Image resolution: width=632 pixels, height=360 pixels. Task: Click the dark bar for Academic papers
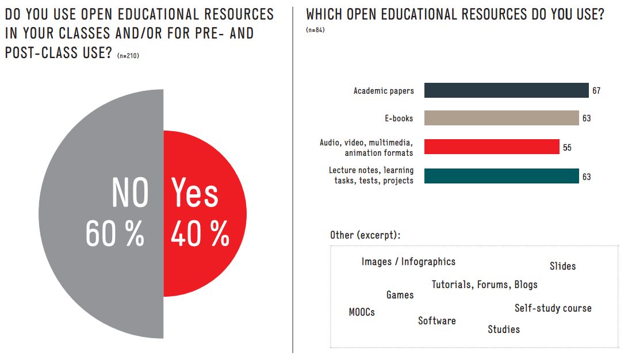tap(506, 90)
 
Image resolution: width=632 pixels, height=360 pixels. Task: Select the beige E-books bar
tap(501, 118)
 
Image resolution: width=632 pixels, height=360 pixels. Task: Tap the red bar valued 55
tap(492, 147)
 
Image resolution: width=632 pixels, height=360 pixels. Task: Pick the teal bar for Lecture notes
tap(501, 176)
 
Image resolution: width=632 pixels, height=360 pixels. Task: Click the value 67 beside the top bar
tap(596, 91)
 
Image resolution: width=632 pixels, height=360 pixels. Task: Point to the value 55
tap(567, 148)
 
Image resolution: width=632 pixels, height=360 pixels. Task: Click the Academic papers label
tap(384, 91)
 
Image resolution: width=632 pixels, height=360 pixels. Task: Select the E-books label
tap(399, 118)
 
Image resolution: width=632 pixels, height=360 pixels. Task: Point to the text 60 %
tap(114, 234)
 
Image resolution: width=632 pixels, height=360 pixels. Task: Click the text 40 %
tap(200, 234)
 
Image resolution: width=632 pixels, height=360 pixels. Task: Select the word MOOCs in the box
tap(362, 312)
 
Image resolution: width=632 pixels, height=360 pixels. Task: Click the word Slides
tap(562, 266)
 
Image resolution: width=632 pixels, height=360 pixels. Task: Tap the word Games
tap(400, 295)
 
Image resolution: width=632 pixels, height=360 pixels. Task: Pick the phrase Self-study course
tap(553, 308)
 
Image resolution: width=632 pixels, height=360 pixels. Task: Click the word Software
tap(436, 321)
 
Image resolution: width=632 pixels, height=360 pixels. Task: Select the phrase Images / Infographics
tap(408, 262)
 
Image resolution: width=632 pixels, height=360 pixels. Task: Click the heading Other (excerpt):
tap(365, 235)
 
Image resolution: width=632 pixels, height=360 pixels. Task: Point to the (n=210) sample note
tap(128, 56)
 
